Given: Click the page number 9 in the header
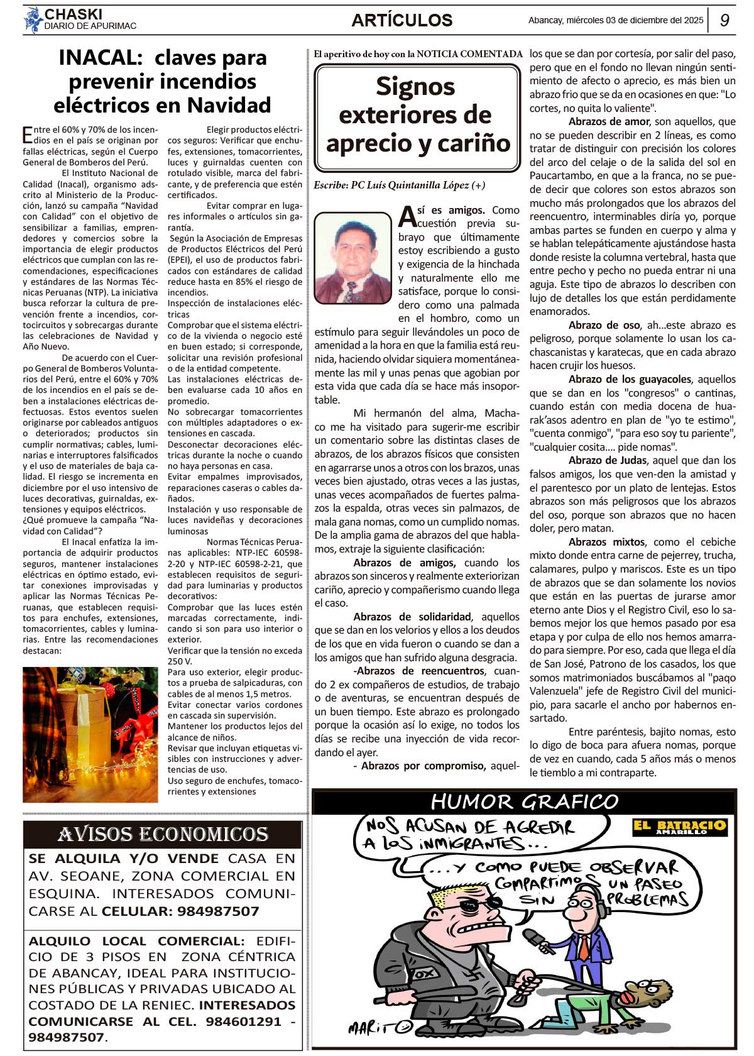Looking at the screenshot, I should coord(724,20).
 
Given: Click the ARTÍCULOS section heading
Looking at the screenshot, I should coord(402,20).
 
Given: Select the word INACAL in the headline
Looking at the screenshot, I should coord(101,58).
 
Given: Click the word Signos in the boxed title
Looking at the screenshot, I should coord(415,87).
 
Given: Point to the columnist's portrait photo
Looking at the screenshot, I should coord(352,258).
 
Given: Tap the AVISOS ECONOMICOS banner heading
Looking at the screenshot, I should coord(163,834).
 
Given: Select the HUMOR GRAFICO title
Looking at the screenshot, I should coord(525,802).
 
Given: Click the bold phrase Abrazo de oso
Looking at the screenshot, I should coord(604,325).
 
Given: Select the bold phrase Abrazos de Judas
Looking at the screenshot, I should coord(608,460).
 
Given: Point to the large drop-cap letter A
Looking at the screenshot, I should coord(407,217).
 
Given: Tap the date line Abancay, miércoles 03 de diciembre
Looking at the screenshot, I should coord(616,20).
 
